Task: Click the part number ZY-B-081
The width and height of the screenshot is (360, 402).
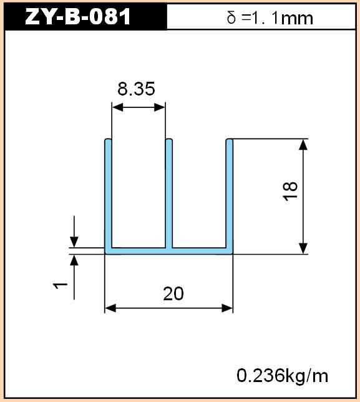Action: [x=77, y=17]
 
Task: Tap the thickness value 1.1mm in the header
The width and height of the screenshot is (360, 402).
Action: [x=281, y=19]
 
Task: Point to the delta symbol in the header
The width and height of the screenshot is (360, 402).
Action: [x=231, y=18]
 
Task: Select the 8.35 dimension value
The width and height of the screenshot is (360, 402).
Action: [x=136, y=89]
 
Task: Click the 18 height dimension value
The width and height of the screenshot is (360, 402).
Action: [x=290, y=191]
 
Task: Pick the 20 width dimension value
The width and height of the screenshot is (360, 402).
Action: [x=173, y=294]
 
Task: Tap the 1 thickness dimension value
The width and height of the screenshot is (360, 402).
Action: [x=60, y=286]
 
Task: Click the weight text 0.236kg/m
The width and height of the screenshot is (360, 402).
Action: [x=283, y=376]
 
